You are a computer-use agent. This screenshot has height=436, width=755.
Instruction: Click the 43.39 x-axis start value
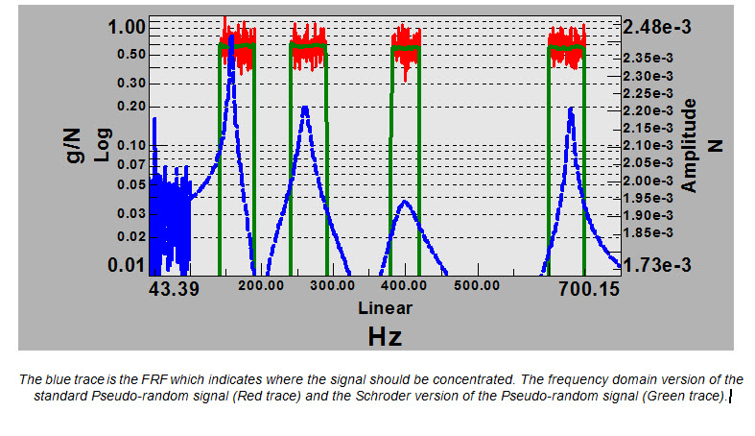pyautogui.click(x=175, y=287)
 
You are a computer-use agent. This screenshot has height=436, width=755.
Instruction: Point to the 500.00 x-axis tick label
pyautogui.click(x=477, y=285)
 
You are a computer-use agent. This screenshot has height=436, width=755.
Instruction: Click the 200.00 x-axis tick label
pyautogui.click(x=260, y=285)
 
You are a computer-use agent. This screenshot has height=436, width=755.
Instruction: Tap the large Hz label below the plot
pyautogui.click(x=385, y=336)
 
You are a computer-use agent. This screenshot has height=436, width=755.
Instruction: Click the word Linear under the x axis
pyautogui.click(x=385, y=308)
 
